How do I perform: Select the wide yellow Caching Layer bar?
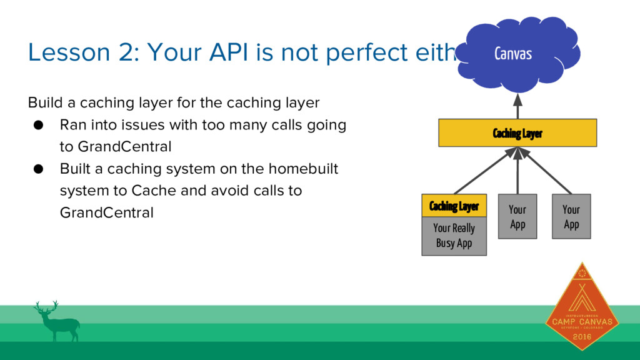coord(517,132)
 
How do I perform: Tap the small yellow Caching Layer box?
coord(454,206)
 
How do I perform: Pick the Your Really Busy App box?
coord(454,236)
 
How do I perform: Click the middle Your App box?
coord(517,216)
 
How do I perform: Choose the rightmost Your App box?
coord(571,216)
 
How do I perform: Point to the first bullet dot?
coord(38,125)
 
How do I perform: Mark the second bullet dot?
coord(38,169)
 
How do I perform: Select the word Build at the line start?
coord(43,102)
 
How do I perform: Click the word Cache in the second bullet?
coord(179,191)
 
